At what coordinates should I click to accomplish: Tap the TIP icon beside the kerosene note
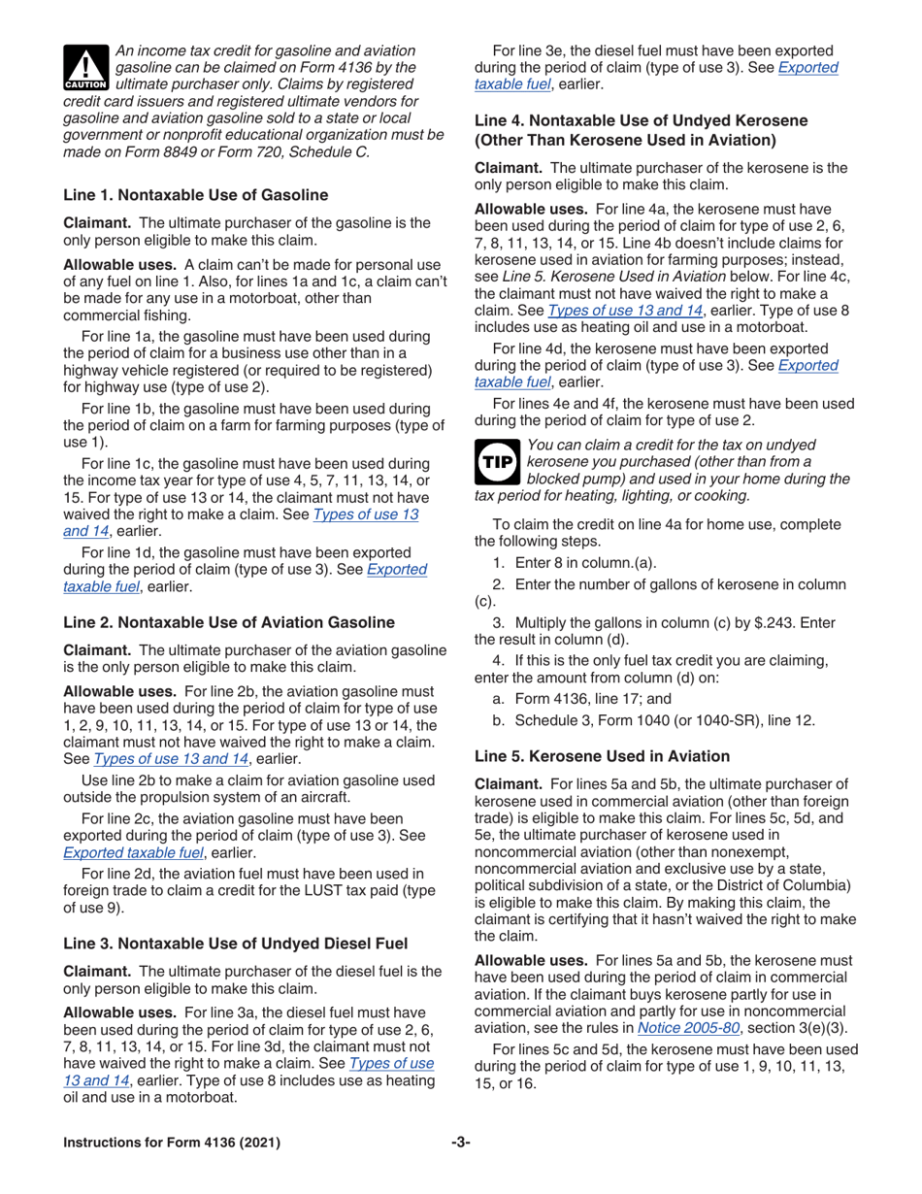point(497,462)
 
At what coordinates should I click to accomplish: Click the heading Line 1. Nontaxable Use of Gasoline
point(195,194)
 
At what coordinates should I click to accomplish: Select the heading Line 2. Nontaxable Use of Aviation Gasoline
point(228,621)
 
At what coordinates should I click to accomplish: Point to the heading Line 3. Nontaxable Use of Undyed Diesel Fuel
point(235,943)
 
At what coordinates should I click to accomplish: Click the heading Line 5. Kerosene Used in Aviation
point(602,755)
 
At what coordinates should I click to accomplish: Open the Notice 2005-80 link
point(679,1027)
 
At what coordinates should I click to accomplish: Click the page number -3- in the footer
point(460,1142)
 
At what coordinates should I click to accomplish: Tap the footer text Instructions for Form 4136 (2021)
point(172,1142)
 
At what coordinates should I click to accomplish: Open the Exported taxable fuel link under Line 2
point(133,852)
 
